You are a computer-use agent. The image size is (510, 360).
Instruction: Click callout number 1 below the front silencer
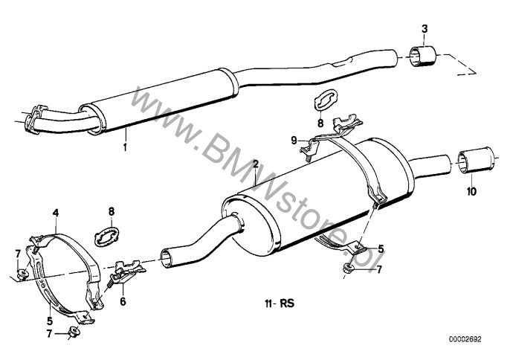125,147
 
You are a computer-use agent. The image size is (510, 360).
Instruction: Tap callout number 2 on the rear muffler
256,164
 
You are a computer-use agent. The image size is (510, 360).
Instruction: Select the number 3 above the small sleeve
425,29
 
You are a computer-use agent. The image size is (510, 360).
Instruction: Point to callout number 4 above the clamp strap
56,213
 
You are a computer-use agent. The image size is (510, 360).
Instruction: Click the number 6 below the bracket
123,301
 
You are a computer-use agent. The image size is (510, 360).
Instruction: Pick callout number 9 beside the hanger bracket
294,141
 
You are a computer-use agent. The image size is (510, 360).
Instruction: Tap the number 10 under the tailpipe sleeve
471,191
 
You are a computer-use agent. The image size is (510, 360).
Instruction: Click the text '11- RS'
280,303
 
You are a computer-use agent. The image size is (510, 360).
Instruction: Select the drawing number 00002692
465,339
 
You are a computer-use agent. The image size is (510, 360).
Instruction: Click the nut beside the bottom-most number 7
72,332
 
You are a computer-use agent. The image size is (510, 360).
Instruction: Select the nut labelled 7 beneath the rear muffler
349,269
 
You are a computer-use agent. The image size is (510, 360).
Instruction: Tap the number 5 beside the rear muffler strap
381,249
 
